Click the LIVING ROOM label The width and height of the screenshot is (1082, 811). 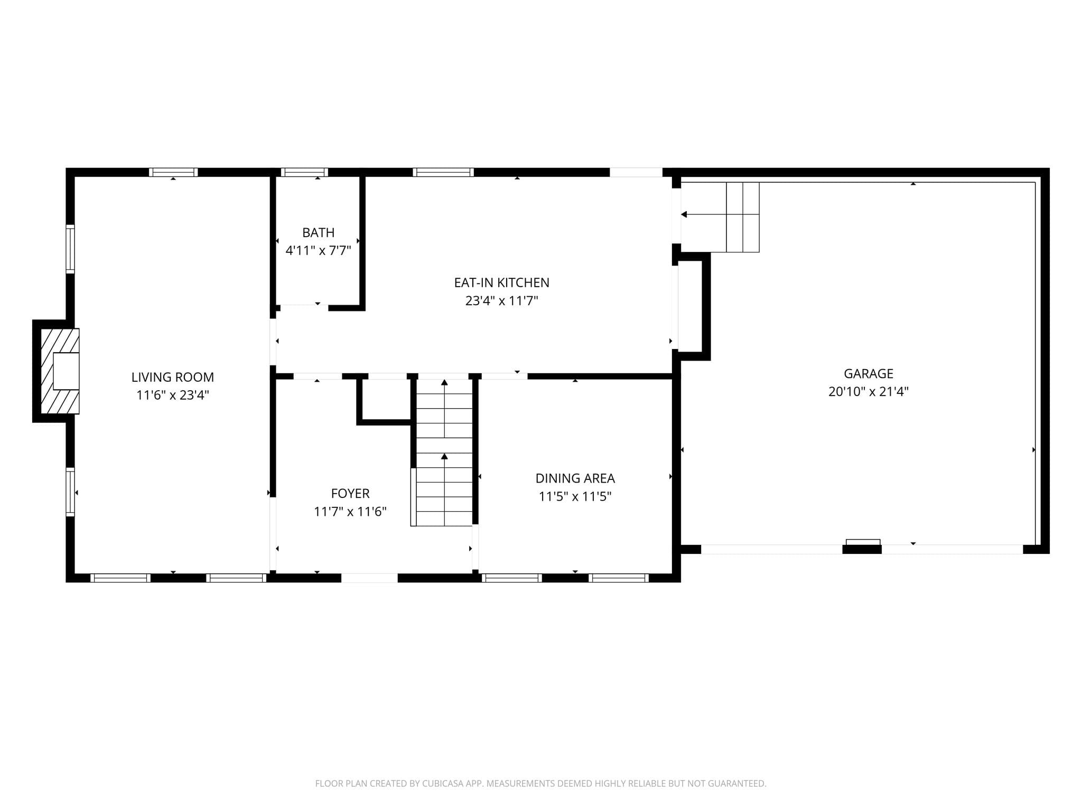[x=173, y=377]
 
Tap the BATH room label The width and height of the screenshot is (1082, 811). [x=319, y=232]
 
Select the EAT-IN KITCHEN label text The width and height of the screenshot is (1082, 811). [x=502, y=282]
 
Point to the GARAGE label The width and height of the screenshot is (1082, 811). [x=869, y=373]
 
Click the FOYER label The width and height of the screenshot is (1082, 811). [x=350, y=493]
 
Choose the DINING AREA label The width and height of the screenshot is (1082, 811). [x=575, y=478]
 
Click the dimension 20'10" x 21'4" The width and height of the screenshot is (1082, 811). [x=869, y=391]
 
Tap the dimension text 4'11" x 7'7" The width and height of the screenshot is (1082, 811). [x=319, y=250]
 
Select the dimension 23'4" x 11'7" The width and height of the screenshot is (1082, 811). [x=502, y=300]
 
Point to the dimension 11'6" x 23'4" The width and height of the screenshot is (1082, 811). [x=173, y=395]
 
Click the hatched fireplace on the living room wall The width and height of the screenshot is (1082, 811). [x=60, y=371]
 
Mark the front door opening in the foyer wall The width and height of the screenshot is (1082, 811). [x=369, y=578]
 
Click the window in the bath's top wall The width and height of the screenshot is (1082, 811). [x=304, y=172]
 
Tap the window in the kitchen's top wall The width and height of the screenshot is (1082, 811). [x=443, y=172]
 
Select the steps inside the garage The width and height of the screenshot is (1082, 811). [x=720, y=217]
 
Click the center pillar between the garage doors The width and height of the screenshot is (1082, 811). [x=862, y=549]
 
